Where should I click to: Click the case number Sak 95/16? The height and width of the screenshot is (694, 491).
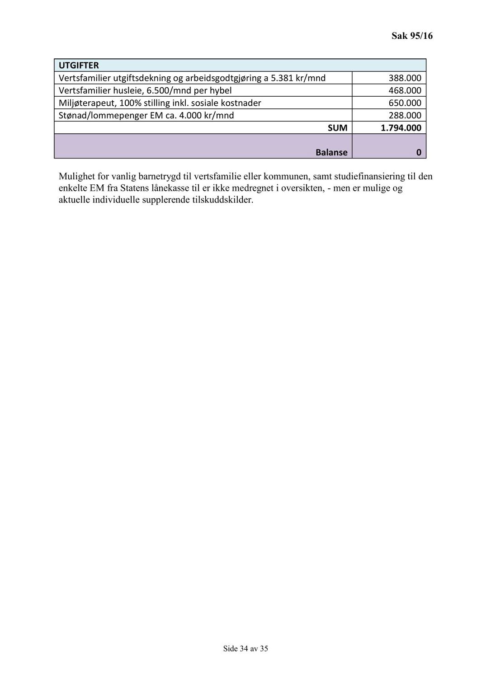411,36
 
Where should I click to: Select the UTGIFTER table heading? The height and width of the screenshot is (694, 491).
79,66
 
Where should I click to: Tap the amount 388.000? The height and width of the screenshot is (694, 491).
405,78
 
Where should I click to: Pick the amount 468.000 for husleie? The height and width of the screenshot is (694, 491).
405,90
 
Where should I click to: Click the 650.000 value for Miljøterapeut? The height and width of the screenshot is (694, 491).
405,103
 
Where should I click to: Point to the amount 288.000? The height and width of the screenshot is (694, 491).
405,115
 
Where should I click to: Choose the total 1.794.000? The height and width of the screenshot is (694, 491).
401,128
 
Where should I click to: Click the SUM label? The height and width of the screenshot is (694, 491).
337,128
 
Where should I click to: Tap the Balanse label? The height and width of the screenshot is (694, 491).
331,152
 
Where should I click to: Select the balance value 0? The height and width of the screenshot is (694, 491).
418,153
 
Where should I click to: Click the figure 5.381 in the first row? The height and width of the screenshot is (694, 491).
282,78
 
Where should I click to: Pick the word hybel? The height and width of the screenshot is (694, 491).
220,90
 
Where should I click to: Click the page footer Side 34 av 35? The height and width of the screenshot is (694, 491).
245,648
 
